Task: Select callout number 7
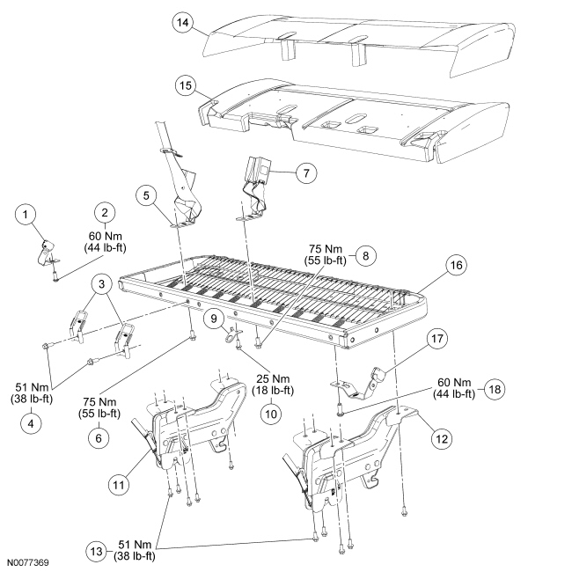coord(304,173)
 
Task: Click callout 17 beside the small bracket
coord(437,339)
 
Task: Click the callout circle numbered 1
coord(27,213)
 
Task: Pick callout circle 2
coord(104,212)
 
